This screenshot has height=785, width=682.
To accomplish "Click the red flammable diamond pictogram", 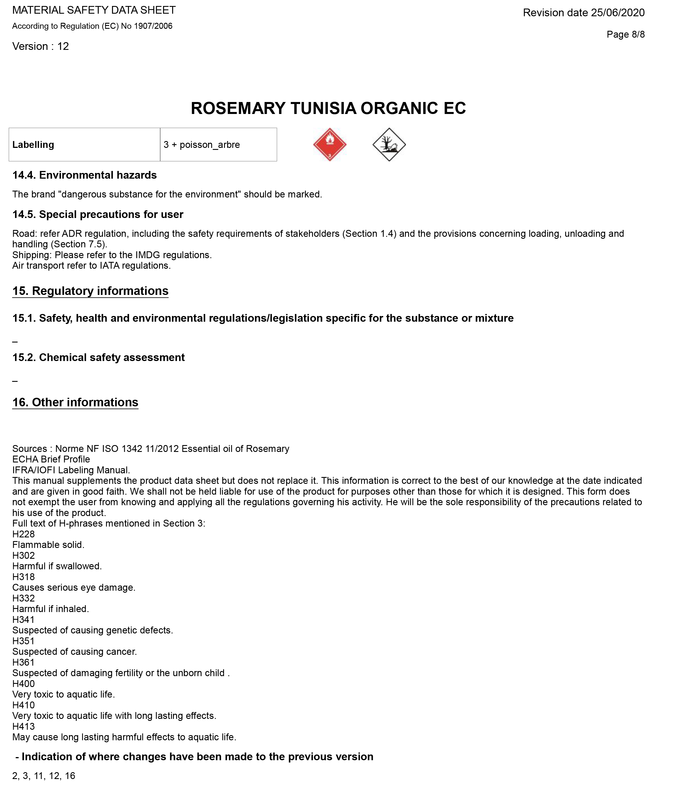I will click(329, 144).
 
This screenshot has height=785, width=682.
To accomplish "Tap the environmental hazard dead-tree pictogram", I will click(389, 144).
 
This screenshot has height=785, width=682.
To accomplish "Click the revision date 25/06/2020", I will click(583, 13).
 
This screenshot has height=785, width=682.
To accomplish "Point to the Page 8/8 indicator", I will click(625, 35).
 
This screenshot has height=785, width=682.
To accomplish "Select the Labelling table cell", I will click(84, 144).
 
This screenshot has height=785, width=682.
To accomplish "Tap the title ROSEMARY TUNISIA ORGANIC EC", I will click(328, 109).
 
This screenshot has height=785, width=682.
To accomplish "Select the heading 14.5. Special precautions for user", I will click(98, 215).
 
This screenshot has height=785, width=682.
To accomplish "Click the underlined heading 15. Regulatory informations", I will click(90, 291).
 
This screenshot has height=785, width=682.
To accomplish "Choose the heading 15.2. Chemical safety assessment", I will click(99, 358).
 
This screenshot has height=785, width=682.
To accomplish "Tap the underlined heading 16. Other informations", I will click(75, 403).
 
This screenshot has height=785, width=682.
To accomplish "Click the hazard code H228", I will click(24, 534).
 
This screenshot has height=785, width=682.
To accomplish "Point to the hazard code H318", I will click(24, 577).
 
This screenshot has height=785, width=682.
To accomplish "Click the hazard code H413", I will click(24, 726).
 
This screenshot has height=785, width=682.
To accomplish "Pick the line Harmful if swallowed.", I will click(57, 566).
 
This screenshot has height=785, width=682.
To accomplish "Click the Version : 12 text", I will click(41, 46).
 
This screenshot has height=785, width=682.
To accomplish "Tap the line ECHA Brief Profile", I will click(51, 459).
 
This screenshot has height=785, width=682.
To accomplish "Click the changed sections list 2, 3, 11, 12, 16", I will click(44, 776).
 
